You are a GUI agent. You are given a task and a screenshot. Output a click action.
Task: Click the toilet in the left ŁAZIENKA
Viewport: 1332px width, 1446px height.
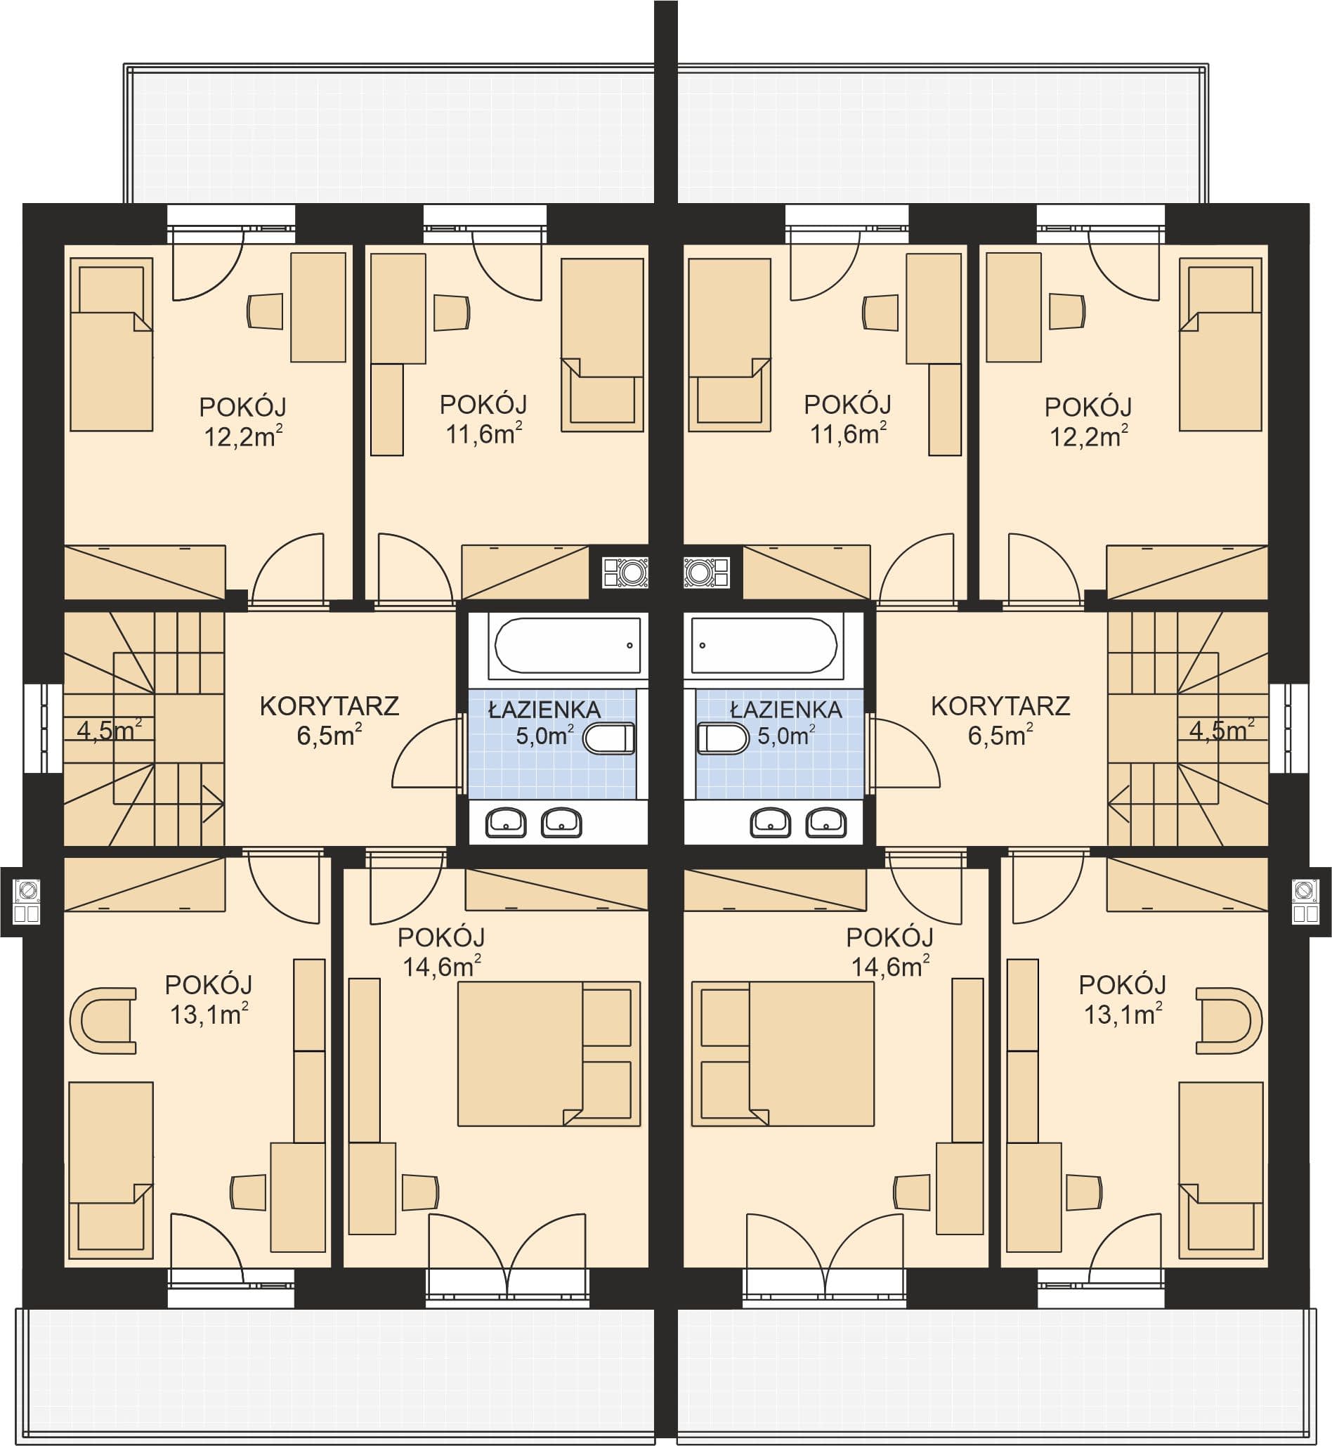(x=608, y=740)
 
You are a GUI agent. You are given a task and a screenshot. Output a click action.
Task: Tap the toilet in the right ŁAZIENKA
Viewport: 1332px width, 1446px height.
(x=724, y=740)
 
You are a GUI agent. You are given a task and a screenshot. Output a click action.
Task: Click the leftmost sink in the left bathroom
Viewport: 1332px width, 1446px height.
(x=506, y=823)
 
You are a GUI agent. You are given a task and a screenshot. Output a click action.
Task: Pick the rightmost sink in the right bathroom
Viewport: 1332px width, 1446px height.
(x=826, y=823)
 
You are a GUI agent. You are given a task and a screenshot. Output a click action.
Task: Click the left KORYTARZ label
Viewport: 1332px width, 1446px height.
(x=329, y=706)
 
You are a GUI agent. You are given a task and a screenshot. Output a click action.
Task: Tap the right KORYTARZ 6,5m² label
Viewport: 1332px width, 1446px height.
(x=1000, y=721)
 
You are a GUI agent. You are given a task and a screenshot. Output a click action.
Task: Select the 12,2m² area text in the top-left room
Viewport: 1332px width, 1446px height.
(x=244, y=437)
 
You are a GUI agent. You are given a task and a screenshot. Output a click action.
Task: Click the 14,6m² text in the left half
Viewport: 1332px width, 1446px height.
(x=442, y=967)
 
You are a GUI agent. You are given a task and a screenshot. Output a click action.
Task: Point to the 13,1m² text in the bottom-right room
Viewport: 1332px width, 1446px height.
(x=1123, y=1014)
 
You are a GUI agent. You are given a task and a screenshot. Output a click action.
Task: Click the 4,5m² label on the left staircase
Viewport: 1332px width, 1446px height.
(x=109, y=730)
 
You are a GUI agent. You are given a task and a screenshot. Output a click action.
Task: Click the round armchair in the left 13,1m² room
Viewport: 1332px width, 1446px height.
(x=103, y=1021)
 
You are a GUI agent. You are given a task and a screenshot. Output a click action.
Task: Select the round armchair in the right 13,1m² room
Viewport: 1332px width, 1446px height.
(x=1229, y=1021)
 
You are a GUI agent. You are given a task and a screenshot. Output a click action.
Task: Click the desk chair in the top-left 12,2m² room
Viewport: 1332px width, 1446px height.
(x=266, y=311)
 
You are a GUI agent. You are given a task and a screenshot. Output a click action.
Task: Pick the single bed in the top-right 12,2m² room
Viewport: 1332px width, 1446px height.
(x=1220, y=344)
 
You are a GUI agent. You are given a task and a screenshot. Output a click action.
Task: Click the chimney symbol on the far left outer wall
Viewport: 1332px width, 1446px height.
(x=27, y=901)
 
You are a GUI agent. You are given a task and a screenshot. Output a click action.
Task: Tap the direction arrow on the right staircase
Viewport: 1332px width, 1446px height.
(x=1118, y=804)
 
